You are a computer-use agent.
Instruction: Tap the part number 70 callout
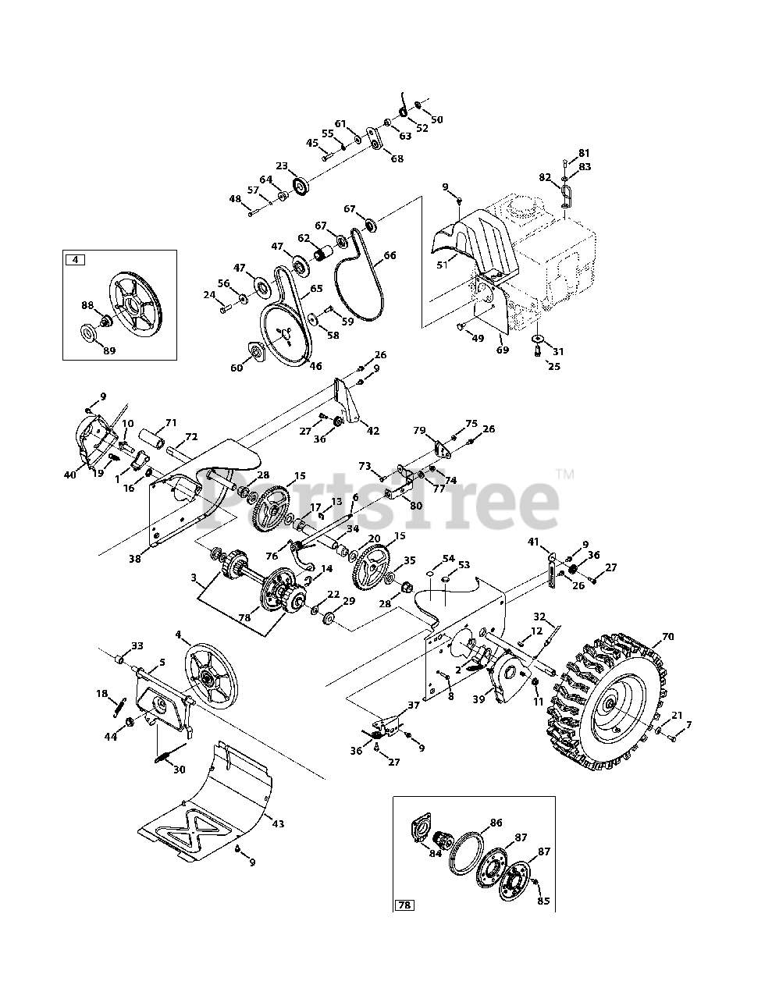pos(667,638)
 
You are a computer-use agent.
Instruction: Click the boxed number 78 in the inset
pos(404,905)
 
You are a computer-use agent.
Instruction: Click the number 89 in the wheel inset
pos(109,351)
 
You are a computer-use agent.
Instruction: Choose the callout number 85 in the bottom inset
pos(544,901)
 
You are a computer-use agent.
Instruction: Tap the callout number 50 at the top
pos(437,119)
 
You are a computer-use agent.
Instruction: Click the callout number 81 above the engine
pos(585,153)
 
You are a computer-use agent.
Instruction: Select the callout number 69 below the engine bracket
pos(502,350)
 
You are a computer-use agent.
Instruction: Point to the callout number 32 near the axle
pos(562,617)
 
